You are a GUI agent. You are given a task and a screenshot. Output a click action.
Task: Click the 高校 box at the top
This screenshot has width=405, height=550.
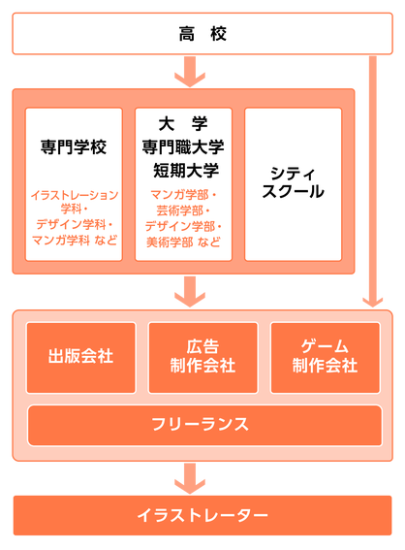(202, 35)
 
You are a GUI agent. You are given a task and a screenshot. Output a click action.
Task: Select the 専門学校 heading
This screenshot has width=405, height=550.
(75, 148)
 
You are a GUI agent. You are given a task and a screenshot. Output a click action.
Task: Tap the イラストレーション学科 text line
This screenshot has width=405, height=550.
(75, 201)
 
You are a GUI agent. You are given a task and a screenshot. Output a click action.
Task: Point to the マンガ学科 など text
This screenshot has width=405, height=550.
(75, 238)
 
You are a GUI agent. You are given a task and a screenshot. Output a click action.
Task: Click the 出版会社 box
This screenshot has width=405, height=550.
(80, 357)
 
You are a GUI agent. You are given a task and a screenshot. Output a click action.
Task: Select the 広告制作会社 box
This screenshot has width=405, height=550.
(202, 357)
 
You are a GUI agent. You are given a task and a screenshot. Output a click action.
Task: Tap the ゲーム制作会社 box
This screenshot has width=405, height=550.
(325, 357)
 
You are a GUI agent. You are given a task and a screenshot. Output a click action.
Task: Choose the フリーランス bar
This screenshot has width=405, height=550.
(202, 424)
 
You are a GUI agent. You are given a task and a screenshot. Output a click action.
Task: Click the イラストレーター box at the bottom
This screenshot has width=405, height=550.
(202, 515)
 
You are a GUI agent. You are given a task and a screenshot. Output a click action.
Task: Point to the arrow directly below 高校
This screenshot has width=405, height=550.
(190, 72)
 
